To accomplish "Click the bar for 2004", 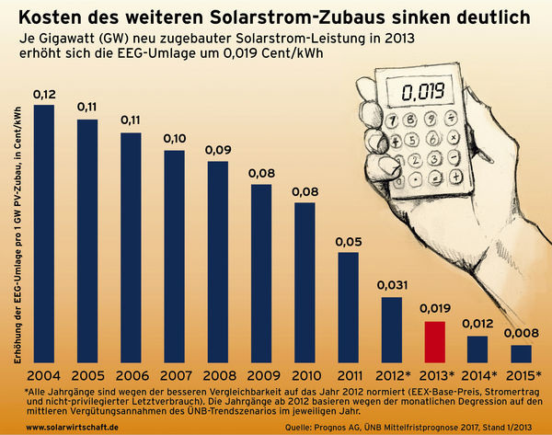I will [43, 235].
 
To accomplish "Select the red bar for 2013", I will [435, 342].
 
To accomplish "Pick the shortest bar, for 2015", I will [521, 354].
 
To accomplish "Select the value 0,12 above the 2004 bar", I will [43, 95].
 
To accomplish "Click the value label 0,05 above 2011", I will [348, 242].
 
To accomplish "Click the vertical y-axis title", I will [17, 235].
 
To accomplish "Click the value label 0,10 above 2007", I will [174, 139].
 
